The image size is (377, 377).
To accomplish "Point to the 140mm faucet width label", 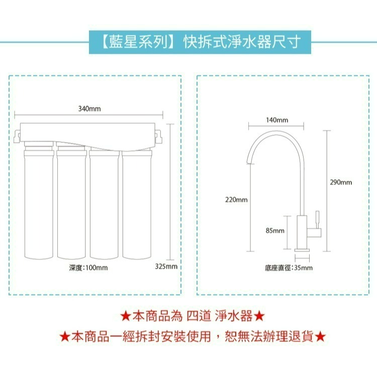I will pyautogui.click(x=276, y=120).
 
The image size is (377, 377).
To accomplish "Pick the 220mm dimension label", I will pyautogui.click(x=236, y=200).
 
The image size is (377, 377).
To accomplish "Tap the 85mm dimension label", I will pyautogui.click(x=275, y=231).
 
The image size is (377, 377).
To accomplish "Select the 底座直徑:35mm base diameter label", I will pyautogui.click(x=289, y=267).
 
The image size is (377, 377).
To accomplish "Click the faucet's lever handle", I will pyautogui.click(x=317, y=220).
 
